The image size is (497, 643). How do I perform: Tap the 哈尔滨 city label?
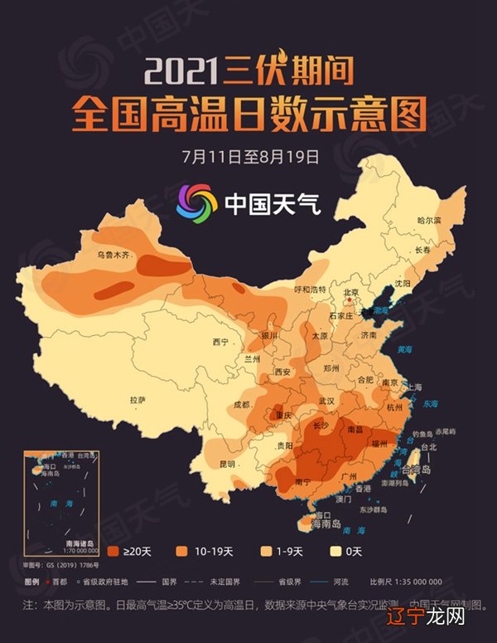click(x=429, y=221)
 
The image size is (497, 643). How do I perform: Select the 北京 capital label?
click(x=350, y=292)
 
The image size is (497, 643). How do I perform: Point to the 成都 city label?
click(x=242, y=404)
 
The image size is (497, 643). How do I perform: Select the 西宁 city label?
click(x=220, y=342)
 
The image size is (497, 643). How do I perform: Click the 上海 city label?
click(x=414, y=387)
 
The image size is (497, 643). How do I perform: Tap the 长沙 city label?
click(x=322, y=426)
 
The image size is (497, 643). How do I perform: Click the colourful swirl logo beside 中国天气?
click(x=196, y=201)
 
